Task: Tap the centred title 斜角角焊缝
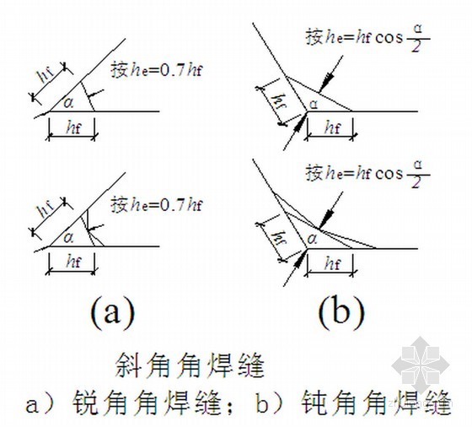190,365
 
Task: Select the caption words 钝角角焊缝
377,403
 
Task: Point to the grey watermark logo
421,365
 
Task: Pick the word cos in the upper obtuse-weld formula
389,38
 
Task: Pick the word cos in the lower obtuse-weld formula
389,174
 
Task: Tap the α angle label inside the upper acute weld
68,103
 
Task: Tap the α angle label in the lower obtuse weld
313,240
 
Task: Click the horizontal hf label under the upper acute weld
74,128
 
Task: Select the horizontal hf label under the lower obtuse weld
333,263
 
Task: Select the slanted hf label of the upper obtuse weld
280,101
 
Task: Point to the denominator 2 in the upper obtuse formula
416,46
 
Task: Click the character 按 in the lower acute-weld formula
120,205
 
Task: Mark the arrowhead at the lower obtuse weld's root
299,257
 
